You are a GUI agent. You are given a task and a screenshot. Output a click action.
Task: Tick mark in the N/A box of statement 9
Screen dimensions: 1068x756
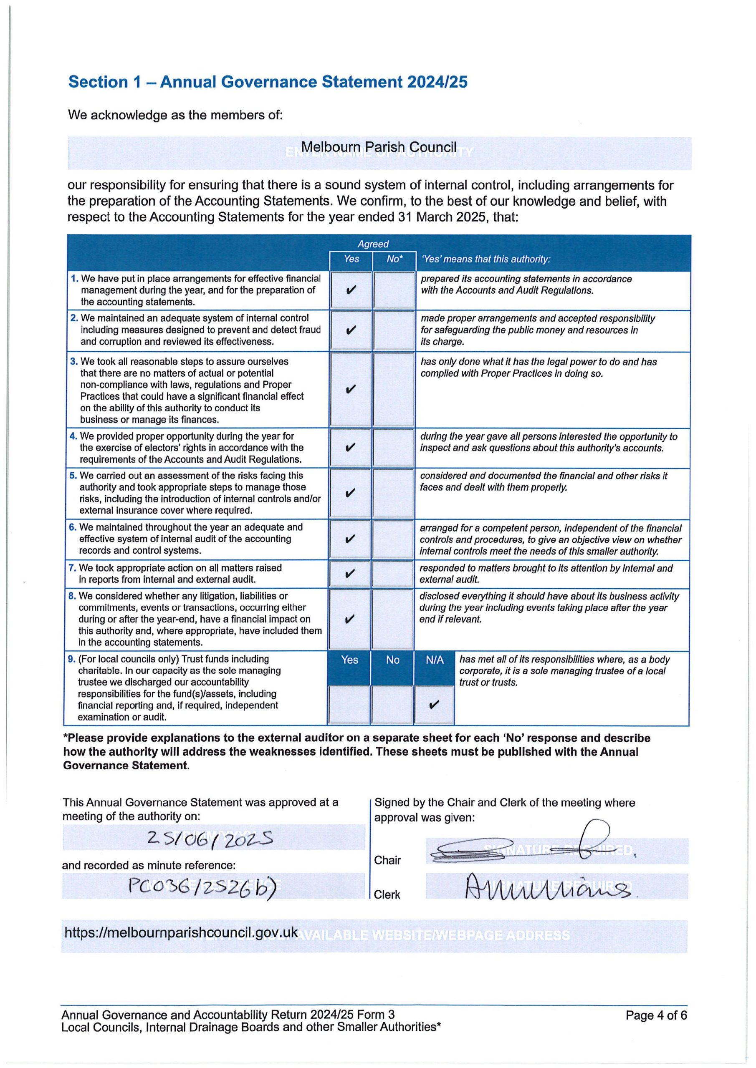434,705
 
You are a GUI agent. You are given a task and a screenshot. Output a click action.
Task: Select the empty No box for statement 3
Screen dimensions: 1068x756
394,389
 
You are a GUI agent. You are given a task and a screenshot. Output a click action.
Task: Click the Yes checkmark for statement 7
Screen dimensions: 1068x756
351,574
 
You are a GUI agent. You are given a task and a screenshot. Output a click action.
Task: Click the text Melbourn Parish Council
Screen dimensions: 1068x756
378,147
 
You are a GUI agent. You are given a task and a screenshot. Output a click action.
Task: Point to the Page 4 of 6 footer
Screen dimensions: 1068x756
656,1015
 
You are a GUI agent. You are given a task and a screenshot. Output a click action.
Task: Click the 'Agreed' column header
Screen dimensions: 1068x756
373,244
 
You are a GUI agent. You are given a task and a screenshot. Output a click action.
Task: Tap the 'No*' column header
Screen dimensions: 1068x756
394,259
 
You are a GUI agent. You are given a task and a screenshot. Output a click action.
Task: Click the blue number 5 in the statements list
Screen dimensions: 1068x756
73,476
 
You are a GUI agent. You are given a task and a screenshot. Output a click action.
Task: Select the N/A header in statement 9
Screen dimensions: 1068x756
434,660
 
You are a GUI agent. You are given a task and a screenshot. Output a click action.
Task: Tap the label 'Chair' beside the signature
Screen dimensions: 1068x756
387,860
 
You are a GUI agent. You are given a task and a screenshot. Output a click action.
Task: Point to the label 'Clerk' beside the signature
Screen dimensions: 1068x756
387,894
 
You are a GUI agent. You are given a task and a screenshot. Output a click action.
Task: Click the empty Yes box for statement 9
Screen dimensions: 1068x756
349,705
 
